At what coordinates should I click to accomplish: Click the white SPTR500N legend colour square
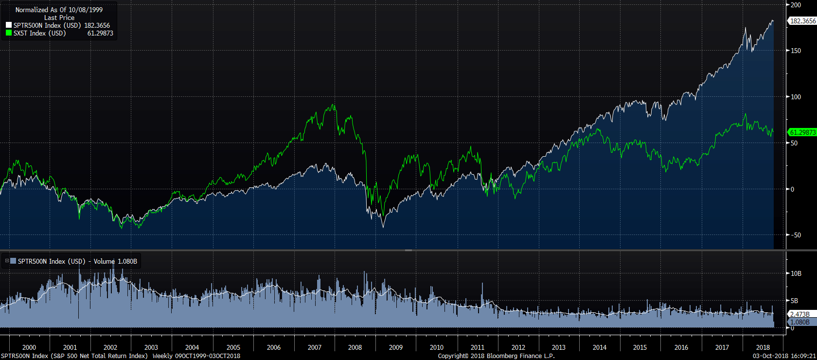tap(8, 25)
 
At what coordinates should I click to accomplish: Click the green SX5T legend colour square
tap(8, 33)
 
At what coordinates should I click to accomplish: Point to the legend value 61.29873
tap(100, 33)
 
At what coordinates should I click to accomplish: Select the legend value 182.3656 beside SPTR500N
tap(97, 25)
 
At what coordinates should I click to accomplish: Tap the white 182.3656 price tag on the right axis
tap(802, 21)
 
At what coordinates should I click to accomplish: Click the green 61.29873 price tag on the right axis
tap(802, 132)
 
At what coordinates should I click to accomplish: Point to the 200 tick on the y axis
tap(796, 5)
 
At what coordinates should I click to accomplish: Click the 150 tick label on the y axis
tap(796, 51)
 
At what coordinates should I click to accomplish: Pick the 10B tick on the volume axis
tap(796, 273)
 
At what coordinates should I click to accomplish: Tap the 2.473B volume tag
tap(800, 314)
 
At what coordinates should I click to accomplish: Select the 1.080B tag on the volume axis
tap(800, 322)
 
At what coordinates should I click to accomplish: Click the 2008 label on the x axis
tap(355, 347)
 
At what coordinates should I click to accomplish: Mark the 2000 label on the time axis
tap(29, 347)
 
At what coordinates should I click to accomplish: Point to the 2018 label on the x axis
tap(763, 347)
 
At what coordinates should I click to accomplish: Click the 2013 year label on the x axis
tap(559, 347)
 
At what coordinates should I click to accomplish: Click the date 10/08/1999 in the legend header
tap(86, 10)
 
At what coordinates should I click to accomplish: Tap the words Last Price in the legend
tap(59, 18)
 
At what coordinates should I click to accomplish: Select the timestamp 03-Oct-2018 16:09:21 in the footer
tap(784, 356)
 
